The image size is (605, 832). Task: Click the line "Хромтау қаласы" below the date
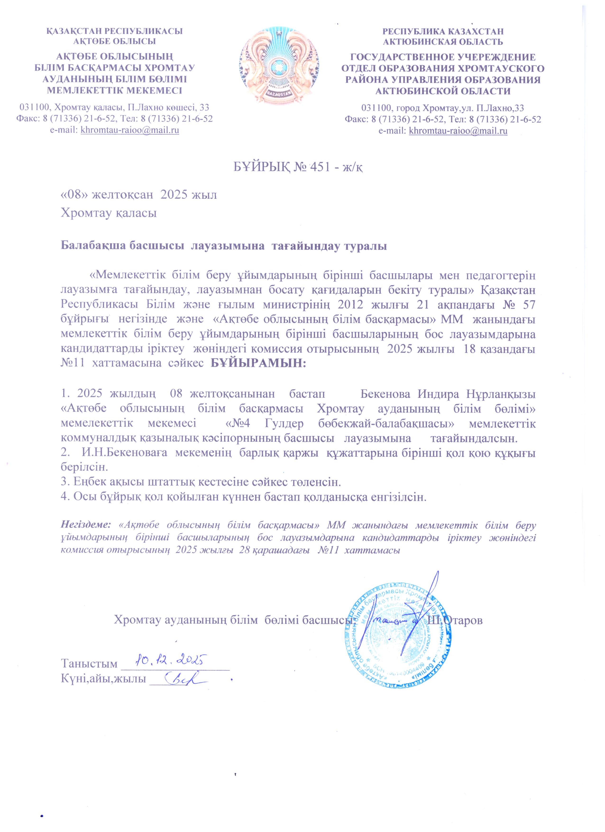109,213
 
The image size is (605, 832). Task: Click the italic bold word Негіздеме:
86,524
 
